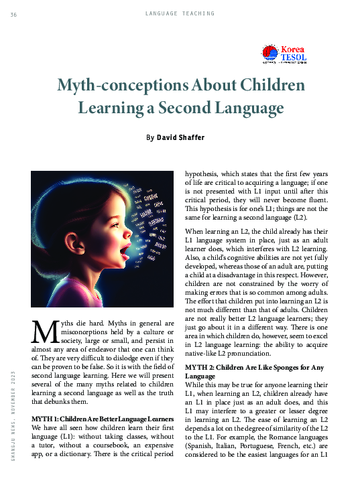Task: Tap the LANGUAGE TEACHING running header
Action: pos(180,13)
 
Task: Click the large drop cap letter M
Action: pos(43,334)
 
